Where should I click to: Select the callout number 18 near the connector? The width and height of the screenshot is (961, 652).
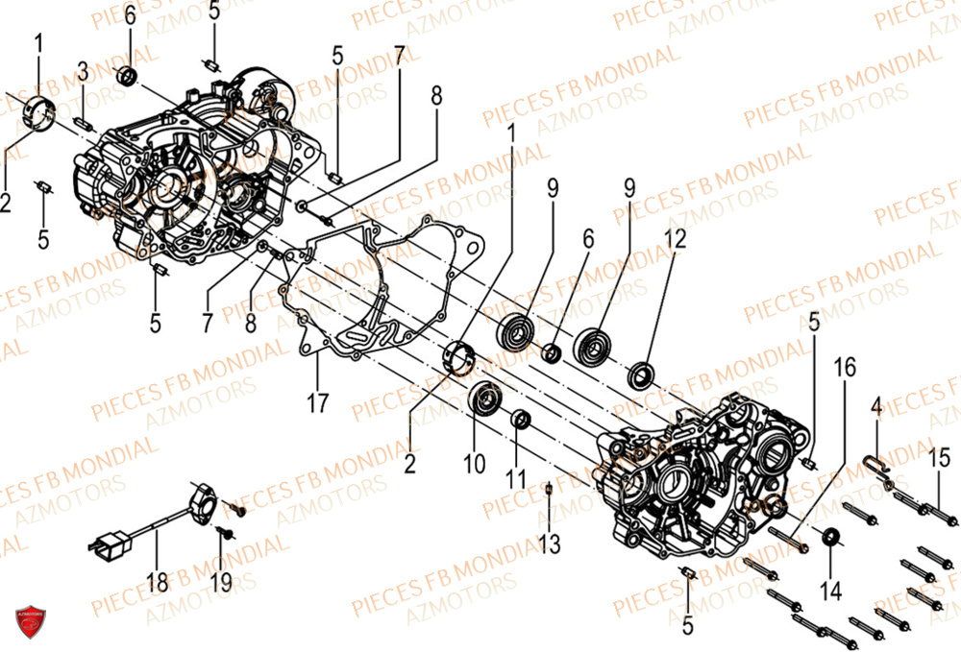pyautogui.click(x=157, y=581)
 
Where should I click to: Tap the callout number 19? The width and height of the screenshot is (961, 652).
pyautogui.click(x=220, y=581)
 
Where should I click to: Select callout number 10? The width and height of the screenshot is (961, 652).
pyautogui.click(x=474, y=465)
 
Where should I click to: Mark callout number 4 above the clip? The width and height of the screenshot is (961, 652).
pyautogui.click(x=875, y=409)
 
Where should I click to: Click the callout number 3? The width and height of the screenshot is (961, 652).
pyautogui.click(x=84, y=71)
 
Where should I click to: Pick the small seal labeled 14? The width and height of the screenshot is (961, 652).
pyautogui.click(x=829, y=538)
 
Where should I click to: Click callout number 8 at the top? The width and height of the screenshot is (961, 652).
pyautogui.click(x=436, y=96)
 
